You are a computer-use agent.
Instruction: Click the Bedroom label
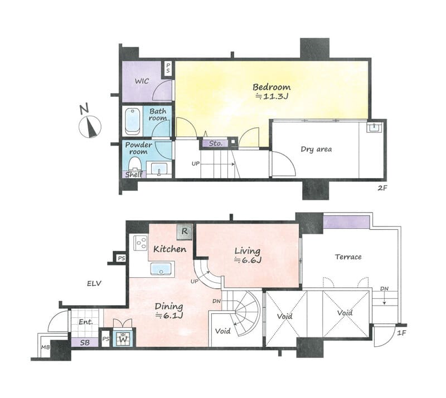tap(272, 87)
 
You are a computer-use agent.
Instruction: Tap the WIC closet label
tap(142, 81)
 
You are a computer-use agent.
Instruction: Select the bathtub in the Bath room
tap(133, 121)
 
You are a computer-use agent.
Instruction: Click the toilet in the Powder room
tap(135, 165)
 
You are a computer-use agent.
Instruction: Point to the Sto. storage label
tap(216, 144)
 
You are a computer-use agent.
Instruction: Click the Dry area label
tap(316, 149)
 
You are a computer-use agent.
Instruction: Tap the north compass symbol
tap(90, 126)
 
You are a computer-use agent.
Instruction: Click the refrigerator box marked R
tap(185, 232)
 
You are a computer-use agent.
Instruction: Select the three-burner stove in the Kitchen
tap(140, 243)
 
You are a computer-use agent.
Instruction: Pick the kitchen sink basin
tap(161, 269)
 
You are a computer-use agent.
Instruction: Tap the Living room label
tap(247, 251)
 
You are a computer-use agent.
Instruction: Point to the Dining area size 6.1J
tap(169, 315)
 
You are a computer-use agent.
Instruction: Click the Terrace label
tap(348, 257)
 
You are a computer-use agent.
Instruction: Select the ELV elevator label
tap(94, 283)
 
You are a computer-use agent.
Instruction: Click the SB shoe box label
tap(85, 342)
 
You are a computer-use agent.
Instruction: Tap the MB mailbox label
tap(46, 347)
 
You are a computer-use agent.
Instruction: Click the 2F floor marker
tap(382, 188)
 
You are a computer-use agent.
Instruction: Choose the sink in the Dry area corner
tap(375, 128)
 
